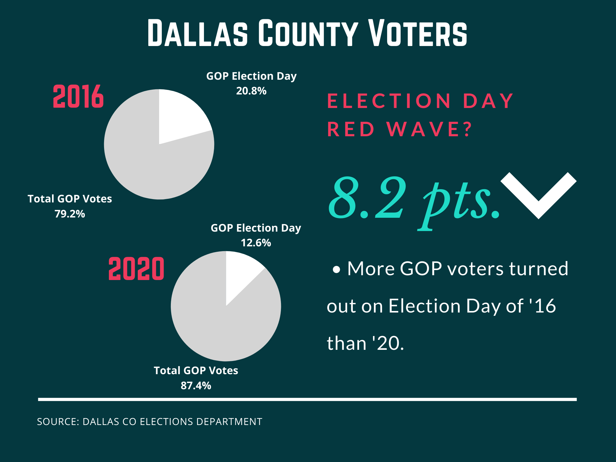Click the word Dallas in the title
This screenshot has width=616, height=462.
[x=197, y=33]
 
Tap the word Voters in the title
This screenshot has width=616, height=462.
[x=418, y=33]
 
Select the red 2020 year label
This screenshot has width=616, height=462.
[x=136, y=269]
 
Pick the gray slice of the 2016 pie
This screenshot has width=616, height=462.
[x=150, y=168]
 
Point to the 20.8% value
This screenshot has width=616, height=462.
[x=251, y=91]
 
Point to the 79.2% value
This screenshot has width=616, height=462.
[x=70, y=214]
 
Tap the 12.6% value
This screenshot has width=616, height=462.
[x=256, y=243]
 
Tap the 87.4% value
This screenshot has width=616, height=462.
[x=196, y=386]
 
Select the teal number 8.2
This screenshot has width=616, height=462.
[x=367, y=199]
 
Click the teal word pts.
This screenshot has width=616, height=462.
[x=460, y=202]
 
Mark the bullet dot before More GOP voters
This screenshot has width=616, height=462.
[x=337, y=269]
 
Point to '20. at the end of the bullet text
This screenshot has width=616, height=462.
[x=388, y=343]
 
